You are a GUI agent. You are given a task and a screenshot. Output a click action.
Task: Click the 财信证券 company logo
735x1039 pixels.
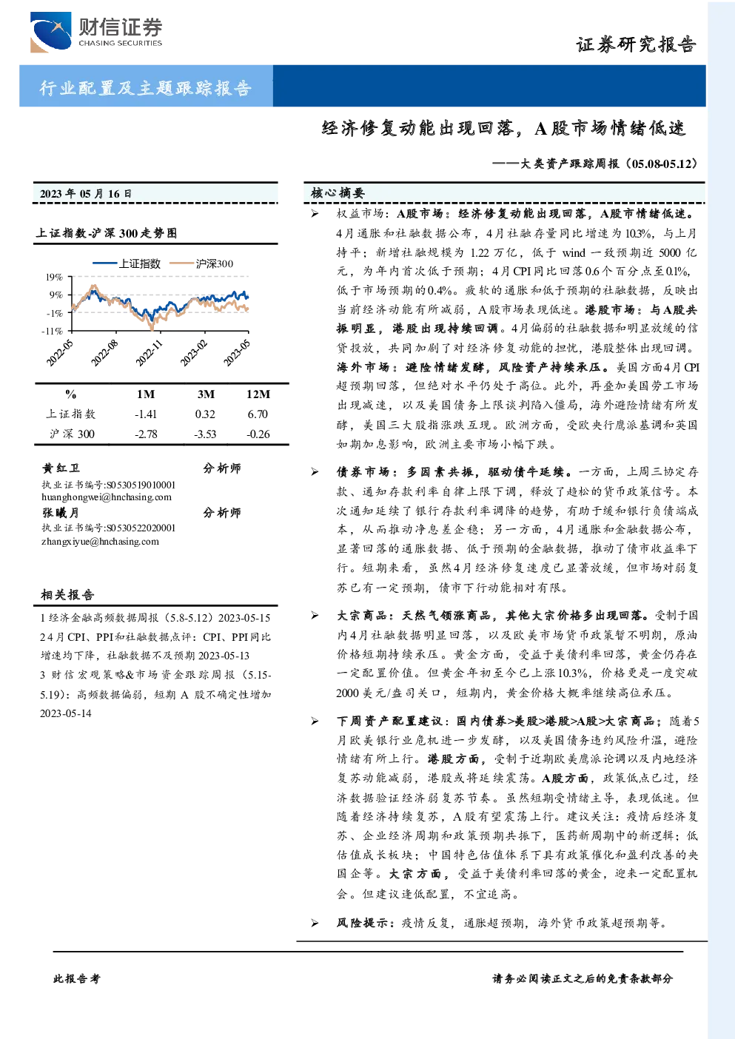(96, 32)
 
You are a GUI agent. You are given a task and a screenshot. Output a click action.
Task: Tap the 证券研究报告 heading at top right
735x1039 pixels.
(636, 44)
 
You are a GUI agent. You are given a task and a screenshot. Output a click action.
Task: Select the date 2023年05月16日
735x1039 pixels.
(85, 193)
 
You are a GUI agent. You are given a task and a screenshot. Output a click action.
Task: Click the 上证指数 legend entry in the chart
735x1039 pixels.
(127, 263)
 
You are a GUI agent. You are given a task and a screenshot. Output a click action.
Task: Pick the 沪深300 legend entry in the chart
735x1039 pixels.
(201, 263)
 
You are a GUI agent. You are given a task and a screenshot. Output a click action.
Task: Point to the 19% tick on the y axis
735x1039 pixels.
(54, 277)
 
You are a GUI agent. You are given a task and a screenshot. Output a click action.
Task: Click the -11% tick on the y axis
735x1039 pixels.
(52, 331)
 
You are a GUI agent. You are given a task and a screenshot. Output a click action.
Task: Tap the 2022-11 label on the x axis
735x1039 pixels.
(149, 353)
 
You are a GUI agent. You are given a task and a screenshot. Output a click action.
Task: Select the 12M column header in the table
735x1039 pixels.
(258, 394)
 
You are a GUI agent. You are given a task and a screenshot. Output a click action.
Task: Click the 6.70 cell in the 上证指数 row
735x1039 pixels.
(258, 414)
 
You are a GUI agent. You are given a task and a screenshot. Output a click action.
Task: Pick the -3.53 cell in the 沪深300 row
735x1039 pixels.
(205, 434)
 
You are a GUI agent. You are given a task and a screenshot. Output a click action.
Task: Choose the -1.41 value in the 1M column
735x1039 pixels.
(146, 414)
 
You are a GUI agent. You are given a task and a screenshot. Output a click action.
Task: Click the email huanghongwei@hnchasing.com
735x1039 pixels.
(107, 497)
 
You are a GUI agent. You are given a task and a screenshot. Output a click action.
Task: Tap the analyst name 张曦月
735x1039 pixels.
(60, 513)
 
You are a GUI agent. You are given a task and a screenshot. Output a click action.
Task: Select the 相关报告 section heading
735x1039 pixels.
(67, 594)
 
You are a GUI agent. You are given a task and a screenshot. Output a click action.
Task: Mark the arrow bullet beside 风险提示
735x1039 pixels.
(315, 923)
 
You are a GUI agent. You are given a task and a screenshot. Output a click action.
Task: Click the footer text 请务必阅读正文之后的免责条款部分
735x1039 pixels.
(583, 978)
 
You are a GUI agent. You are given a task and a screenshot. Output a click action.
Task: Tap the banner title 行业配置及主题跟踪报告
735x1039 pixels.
(145, 87)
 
